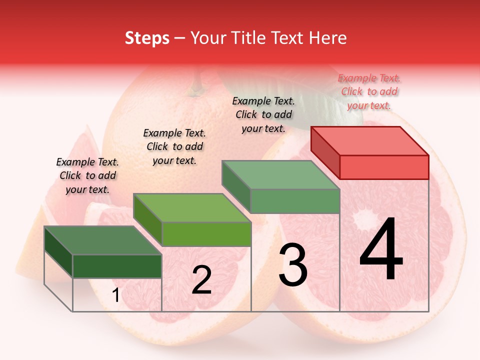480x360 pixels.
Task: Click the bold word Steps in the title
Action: [147, 38]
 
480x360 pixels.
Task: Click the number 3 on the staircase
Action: [293, 265]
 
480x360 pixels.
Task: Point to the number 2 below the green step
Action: [201, 280]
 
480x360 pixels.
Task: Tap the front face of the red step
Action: [384, 167]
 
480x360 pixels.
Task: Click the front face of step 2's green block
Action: [206, 234]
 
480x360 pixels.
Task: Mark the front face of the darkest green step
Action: [117, 266]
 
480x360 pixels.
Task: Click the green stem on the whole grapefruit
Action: [196, 85]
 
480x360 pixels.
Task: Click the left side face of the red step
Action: [325, 152]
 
